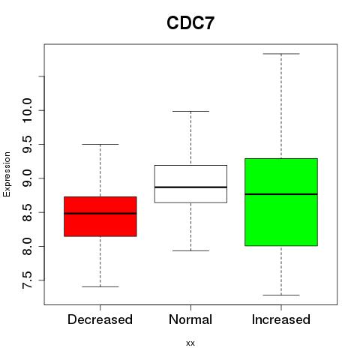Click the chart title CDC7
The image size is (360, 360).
[x=190, y=23]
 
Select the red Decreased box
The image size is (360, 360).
[x=100, y=217]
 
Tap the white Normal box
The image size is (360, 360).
[x=190, y=184]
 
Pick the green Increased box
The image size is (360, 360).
[x=281, y=202]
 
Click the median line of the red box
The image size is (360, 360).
[x=100, y=214]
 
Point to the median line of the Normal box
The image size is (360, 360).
[x=190, y=187]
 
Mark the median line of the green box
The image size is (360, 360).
[x=281, y=194]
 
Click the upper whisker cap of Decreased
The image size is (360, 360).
[x=100, y=144]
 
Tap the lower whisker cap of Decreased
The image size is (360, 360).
[x=100, y=286]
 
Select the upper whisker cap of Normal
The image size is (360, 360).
[x=190, y=111]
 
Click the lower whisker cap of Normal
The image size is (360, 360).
[x=190, y=250]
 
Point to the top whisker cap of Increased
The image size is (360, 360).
[x=281, y=54]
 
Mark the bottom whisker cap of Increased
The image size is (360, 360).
[x=281, y=295]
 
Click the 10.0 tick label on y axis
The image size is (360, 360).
[x=27, y=110]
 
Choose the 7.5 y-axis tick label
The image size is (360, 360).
[x=27, y=280]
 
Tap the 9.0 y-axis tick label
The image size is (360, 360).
[x=27, y=178]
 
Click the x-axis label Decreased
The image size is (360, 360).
[x=100, y=319]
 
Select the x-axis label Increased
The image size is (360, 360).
[x=281, y=319]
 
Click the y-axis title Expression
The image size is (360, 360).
[x=7, y=175]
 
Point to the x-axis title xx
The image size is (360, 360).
[x=190, y=343]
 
